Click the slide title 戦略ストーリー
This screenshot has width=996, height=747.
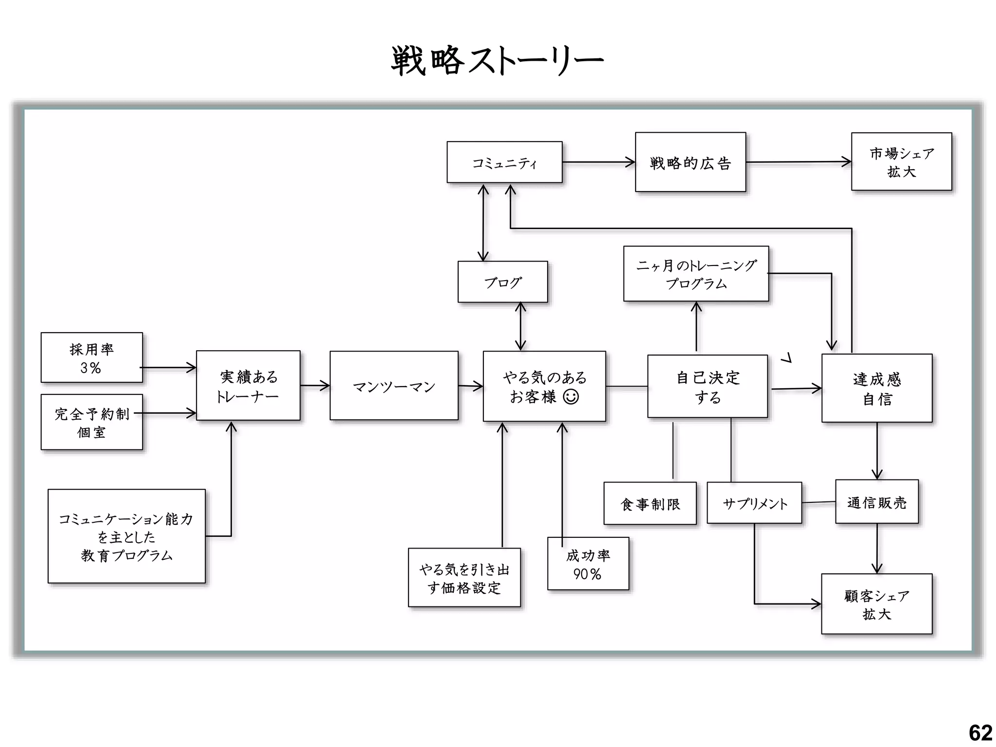[497, 61]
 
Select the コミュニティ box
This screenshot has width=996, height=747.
[504, 162]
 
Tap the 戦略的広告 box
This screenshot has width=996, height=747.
[690, 162]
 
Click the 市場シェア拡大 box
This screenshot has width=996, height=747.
[901, 162]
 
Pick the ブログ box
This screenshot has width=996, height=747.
[502, 282]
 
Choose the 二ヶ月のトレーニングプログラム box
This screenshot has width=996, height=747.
[696, 274]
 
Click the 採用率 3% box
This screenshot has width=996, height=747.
[91, 358]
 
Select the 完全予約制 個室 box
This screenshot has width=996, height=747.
[91, 422]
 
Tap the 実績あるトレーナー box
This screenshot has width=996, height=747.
[248, 386]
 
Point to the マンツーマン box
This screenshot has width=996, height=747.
[394, 386]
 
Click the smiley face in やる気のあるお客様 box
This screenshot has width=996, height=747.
[570, 397]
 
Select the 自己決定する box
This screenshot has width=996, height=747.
[707, 387]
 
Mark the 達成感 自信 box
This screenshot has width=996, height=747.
[877, 389]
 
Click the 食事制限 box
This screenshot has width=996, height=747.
[650, 504]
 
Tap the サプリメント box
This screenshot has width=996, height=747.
[754, 503]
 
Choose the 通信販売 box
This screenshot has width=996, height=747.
[877, 502]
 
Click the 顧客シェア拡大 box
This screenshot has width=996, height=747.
[877, 604]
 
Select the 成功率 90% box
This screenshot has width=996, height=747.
[588, 564]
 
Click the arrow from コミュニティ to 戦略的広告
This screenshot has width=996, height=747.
[598, 162]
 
